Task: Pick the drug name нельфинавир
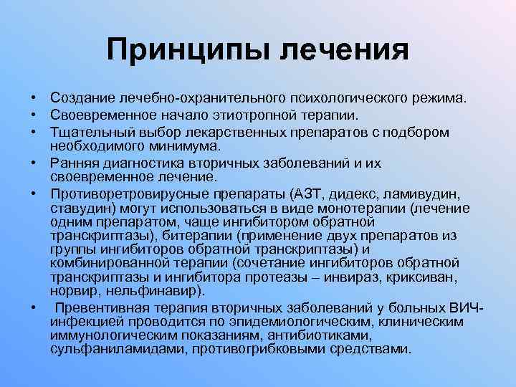161,290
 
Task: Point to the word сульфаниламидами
106,349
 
